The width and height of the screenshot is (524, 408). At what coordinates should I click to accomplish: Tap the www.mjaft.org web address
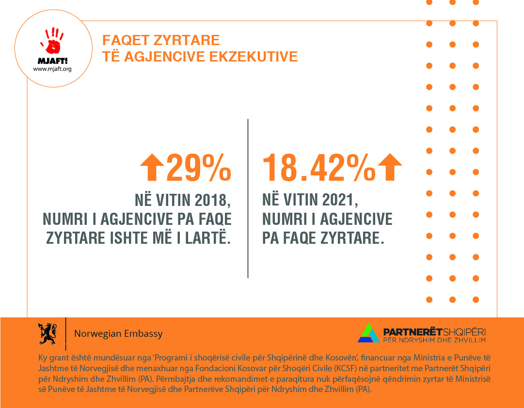[52, 69]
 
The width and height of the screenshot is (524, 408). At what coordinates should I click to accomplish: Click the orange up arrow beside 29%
[152, 167]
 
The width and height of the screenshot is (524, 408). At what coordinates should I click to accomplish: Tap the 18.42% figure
[319, 167]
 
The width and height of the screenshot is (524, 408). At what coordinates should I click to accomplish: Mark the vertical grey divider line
[248, 198]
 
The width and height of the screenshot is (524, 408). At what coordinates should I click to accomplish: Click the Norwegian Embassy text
[118, 334]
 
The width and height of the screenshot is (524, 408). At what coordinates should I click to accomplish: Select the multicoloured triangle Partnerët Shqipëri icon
[368, 332]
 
